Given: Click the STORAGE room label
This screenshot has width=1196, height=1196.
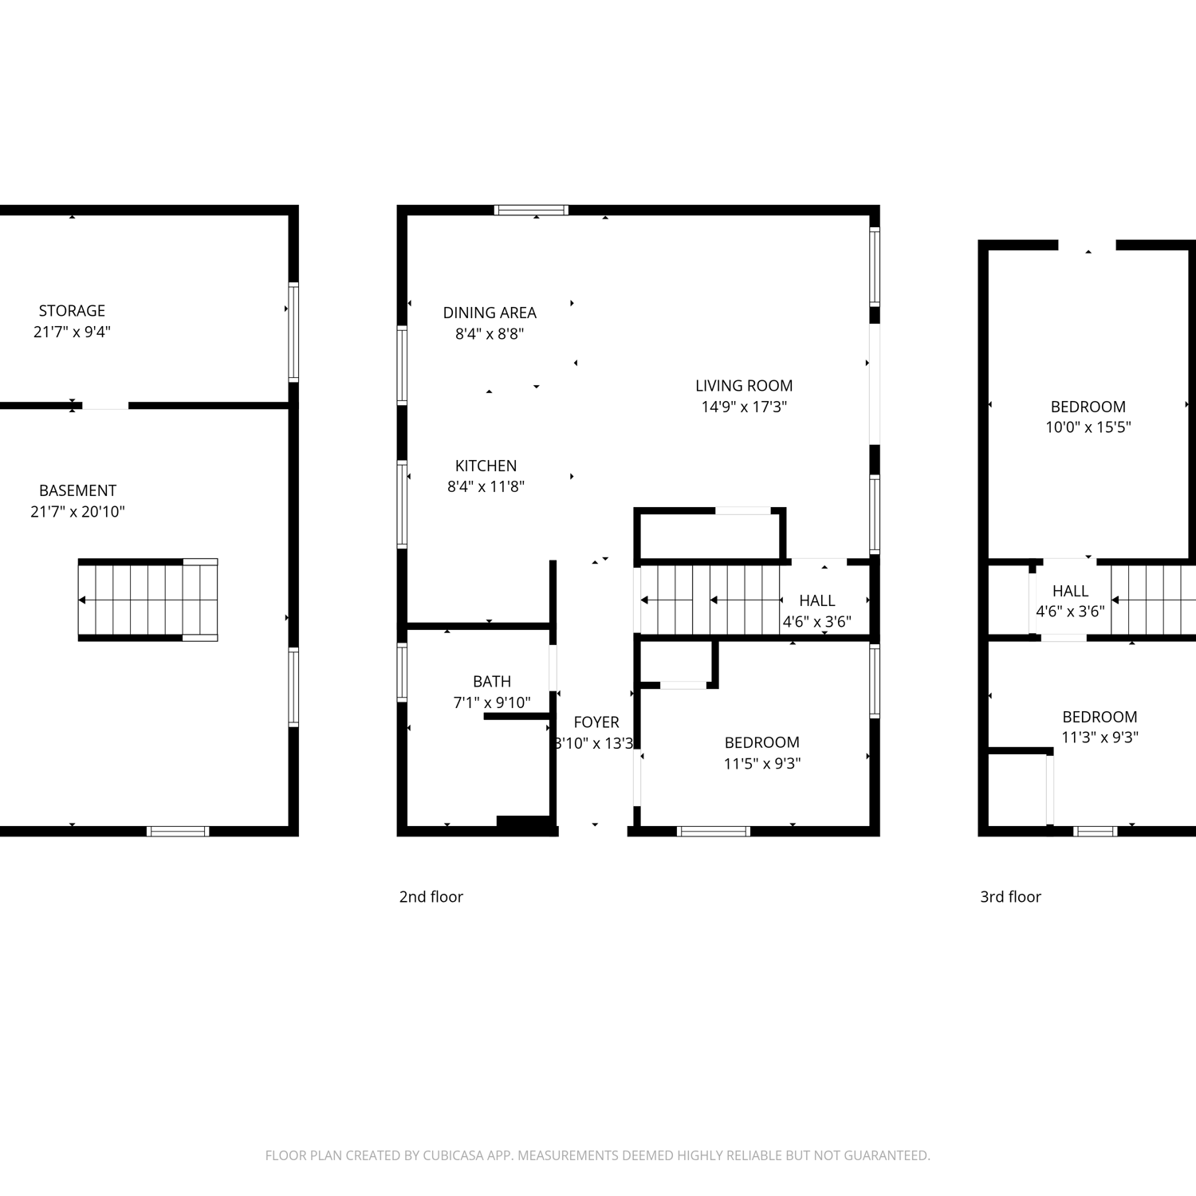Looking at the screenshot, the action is click(72, 311).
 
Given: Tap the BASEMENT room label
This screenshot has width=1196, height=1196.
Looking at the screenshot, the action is click(77, 490).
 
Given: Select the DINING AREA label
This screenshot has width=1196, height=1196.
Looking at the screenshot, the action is click(490, 313).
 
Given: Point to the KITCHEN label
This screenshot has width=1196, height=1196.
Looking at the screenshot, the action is click(486, 466).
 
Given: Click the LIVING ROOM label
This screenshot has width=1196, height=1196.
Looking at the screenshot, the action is click(744, 386).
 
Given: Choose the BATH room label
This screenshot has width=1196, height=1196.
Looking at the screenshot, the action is click(492, 682).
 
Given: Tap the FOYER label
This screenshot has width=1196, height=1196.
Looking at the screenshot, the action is click(596, 722).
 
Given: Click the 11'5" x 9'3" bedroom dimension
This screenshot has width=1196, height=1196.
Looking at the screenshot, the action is click(762, 763).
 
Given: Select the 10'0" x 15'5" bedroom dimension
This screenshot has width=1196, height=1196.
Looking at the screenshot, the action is click(1088, 427).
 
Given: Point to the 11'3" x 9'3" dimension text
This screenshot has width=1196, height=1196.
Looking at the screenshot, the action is click(1100, 738).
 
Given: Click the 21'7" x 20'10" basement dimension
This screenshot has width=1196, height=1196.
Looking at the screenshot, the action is click(77, 512).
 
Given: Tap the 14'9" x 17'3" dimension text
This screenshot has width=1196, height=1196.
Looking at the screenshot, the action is click(744, 407).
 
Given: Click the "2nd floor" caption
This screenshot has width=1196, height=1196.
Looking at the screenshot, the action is click(431, 897).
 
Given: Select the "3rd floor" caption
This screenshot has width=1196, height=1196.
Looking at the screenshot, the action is click(1010, 897).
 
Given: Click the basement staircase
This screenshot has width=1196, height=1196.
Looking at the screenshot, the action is click(148, 600).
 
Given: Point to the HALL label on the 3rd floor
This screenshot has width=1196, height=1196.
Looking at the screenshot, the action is click(1070, 591).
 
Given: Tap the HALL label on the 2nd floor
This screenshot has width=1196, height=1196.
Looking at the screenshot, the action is click(817, 600).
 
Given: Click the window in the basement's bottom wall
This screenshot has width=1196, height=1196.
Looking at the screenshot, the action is click(178, 831).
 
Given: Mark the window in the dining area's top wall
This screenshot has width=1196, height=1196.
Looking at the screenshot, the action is click(531, 210).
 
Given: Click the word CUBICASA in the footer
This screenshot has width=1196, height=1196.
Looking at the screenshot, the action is click(454, 1155).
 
